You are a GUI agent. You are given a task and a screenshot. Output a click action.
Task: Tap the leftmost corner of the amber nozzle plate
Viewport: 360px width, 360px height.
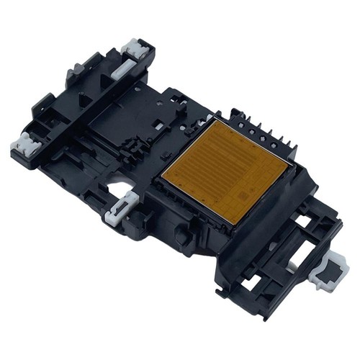pos(163,175)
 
